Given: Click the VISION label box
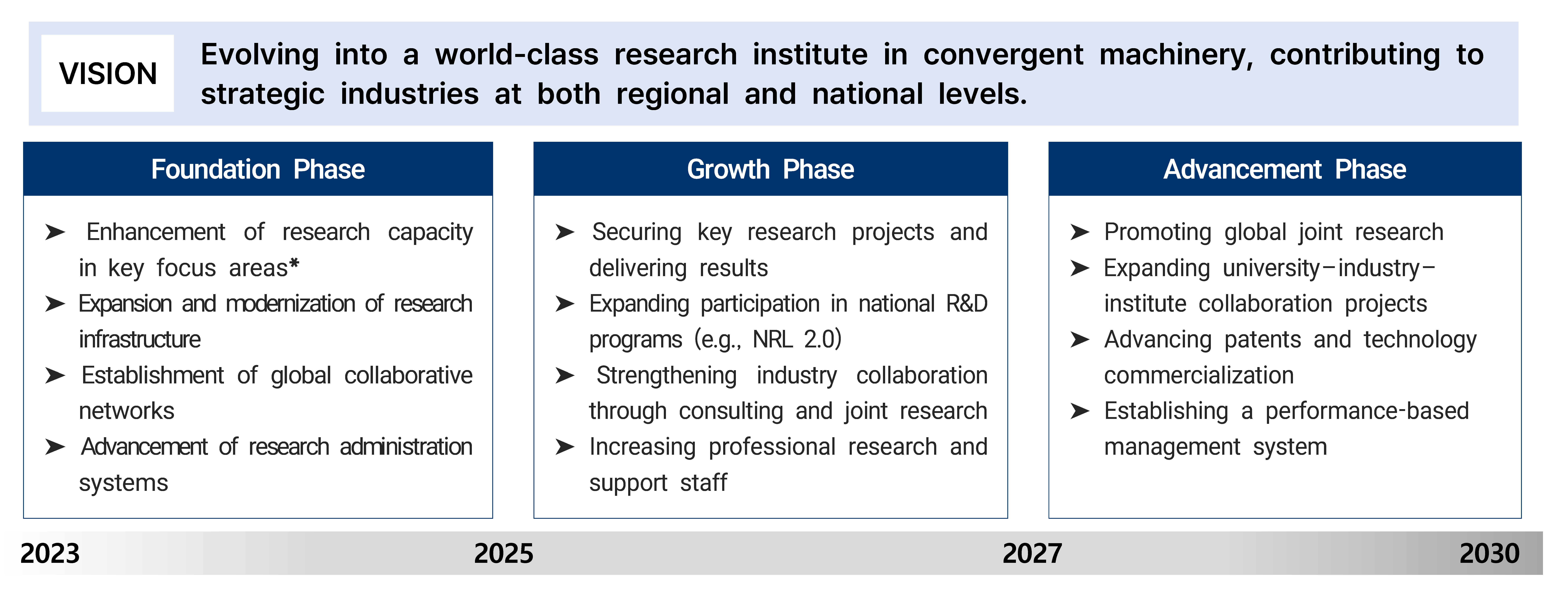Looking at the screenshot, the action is click(x=108, y=73).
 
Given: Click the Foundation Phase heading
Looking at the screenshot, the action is click(x=258, y=169).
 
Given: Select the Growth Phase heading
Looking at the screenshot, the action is click(x=771, y=169).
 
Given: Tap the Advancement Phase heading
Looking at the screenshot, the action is click(x=1285, y=169).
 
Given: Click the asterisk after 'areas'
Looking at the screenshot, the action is click(x=294, y=264).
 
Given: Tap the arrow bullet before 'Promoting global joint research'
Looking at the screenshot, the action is click(x=1080, y=232).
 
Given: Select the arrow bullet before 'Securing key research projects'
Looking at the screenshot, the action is click(x=565, y=232).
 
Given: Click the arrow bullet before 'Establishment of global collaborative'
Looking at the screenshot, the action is click(x=55, y=375).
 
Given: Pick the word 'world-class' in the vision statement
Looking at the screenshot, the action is click(x=517, y=54).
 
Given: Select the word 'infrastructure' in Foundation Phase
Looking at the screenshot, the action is click(x=140, y=339).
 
